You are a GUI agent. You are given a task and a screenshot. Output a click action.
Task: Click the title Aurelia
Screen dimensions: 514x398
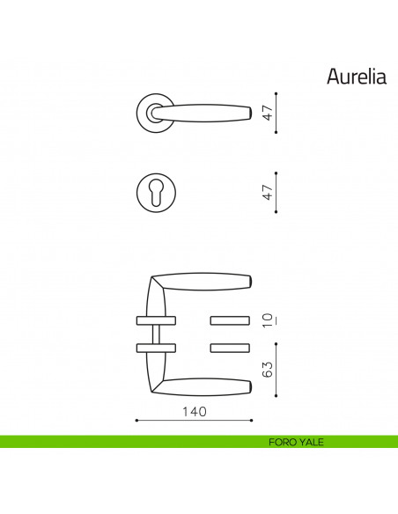(x=357, y=77)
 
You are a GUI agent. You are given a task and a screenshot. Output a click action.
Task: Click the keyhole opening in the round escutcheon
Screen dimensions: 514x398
(x=156, y=192)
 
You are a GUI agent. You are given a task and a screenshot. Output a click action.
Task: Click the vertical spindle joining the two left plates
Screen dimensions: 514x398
(x=157, y=333)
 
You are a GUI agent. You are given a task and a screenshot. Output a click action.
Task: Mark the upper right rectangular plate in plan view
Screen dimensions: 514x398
(x=232, y=318)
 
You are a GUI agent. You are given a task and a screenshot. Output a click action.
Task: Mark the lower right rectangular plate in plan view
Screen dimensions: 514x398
(x=232, y=347)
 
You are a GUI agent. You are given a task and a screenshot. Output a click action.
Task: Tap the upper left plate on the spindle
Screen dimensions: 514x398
(x=157, y=318)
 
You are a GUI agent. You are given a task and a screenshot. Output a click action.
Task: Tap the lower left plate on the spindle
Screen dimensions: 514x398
(x=157, y=347)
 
